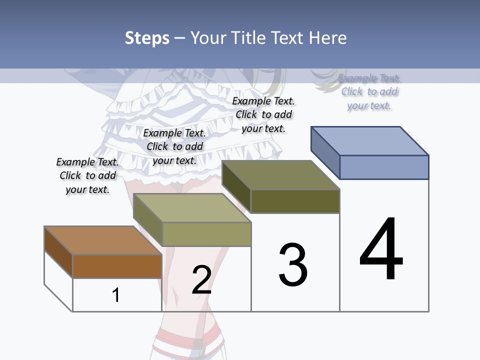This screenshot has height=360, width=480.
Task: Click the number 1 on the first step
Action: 116,295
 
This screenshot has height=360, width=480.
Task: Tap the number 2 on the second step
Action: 201,279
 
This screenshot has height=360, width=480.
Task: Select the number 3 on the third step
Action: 293,265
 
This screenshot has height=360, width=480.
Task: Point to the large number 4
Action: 381,249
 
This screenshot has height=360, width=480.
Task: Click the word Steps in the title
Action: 147,38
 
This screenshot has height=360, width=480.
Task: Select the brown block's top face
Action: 103,240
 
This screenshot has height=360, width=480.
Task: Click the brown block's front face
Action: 117,266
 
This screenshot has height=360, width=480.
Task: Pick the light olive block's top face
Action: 192,208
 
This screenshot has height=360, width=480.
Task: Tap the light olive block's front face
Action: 206,234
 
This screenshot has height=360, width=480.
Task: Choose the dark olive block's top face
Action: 281,175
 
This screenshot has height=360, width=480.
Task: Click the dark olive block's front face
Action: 295,201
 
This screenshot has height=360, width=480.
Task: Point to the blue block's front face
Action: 384,167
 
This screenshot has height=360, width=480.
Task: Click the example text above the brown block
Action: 87,176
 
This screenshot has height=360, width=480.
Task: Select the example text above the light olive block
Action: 174,147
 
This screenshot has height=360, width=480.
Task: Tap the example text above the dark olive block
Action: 263,114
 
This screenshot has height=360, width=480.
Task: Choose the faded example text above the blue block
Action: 369,92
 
